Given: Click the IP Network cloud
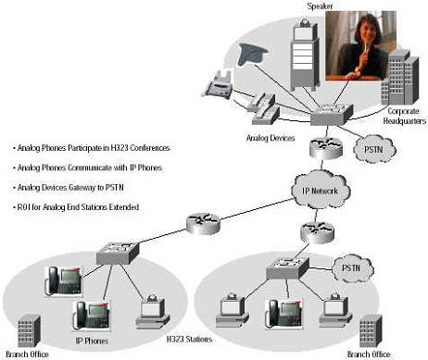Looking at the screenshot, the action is point(321,190).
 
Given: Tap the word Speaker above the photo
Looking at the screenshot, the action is point(320,6).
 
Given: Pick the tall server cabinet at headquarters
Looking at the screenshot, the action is point(305,55).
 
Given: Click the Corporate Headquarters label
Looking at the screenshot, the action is point(404,116).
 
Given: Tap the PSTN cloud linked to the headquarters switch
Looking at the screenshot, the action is point(374,149).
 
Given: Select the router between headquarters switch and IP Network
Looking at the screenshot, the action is point(326,148).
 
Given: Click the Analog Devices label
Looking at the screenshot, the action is point(271,138).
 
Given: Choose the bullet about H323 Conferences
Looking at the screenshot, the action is point(92,148).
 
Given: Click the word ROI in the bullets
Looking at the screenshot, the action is point(23,207).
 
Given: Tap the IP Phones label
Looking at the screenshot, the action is point(92,341).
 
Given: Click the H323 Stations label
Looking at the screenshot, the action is point(189,340).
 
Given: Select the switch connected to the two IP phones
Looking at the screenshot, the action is point(118,253).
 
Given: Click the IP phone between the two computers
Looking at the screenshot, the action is point(283,313).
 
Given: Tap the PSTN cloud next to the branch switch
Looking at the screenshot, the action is point(352,268).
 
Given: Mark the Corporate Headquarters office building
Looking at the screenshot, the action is point(400,79).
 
